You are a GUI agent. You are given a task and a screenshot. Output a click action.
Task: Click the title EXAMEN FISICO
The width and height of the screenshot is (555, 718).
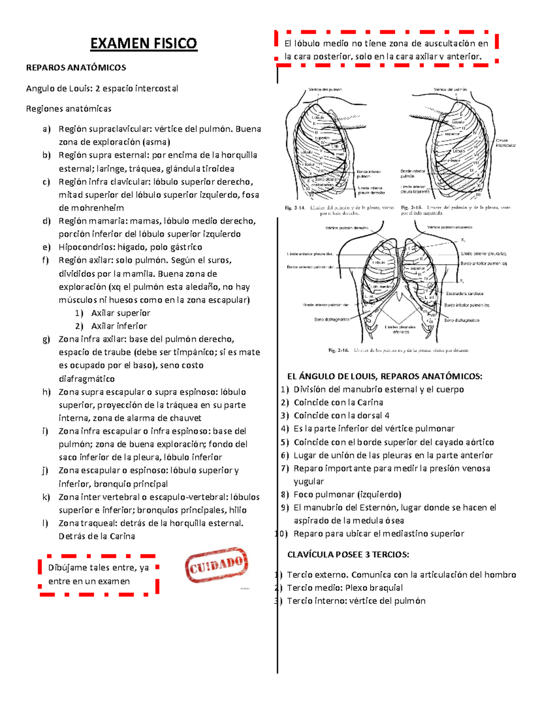pyautogui.click(x=143, y=43)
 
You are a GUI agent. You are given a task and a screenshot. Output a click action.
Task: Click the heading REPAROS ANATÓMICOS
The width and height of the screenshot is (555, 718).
pyautogui.click(x=76, y=68)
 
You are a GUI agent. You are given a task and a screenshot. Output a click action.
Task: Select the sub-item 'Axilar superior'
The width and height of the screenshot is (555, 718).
pyautogui.click(x=120, y=313)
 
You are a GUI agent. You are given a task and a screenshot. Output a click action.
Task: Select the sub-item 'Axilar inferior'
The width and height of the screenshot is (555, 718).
pyautogui.click(x=119, y=326)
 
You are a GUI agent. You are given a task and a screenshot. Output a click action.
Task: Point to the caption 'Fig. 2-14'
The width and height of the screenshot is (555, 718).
pyautogui.click(x=295, y=208)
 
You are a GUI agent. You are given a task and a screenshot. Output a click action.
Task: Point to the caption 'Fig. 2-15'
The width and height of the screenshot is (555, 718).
pyautogui.click(x=411, y=208)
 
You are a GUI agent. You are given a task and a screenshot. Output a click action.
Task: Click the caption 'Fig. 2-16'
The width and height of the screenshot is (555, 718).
pyautogui.click(x=339, y=350)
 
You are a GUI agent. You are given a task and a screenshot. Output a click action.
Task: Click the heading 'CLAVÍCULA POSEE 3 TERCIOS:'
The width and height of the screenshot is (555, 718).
pyautogui.click(x=348, y=554)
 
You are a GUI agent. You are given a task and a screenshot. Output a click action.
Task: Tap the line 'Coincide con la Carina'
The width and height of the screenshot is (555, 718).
pyautogui.click(x=338, y=402)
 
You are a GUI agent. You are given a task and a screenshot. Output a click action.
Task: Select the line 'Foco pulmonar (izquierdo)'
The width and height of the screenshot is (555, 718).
pyautogui.click(x=347, y=494)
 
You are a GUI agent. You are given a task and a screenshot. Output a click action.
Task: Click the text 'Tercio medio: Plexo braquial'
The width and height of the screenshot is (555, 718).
pyautogui.click(x=345, y=588)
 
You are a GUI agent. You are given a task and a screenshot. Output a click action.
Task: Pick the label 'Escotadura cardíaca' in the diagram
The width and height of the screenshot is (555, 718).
pyautogui.click(x=464, y=293)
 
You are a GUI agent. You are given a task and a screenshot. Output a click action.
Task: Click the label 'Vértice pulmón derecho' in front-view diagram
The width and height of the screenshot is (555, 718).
pyautogui.click(x=346, y=228)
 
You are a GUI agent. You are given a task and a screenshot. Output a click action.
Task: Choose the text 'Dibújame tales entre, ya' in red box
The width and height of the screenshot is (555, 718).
pyautogui.click(x=98, y=568)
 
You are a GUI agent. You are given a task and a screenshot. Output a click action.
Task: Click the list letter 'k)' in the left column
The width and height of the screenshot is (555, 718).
pyautogui.click(x=46, y=497)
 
